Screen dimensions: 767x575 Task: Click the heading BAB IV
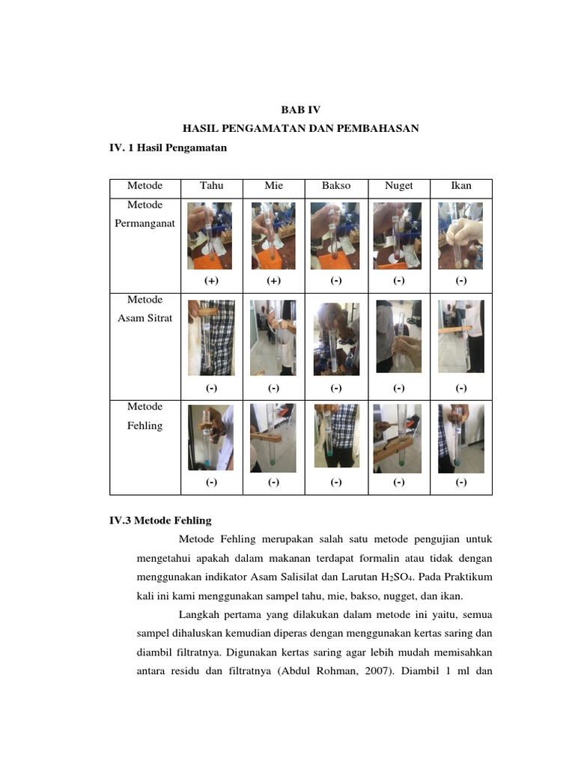(x=299, y=109)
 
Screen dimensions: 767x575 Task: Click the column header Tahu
(x=211, y=186)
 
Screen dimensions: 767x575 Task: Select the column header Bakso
(x=336, y=186)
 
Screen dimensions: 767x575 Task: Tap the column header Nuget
(x=398, y=186)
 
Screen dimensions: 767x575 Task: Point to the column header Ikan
(x=460, y=186)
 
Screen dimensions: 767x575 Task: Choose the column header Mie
(x=273, y=186)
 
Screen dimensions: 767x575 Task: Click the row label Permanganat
(x=144, y=223)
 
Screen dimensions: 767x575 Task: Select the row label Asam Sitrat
(x=144, y=318)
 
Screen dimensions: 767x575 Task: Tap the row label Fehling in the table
(x=144, y=425)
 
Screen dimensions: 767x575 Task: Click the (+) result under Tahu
(x=211, y=281)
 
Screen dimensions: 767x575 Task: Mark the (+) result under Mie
(x=273, y=281)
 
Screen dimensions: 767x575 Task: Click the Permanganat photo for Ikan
(x=460, y=236)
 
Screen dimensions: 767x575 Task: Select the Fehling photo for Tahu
(x=210, y=437)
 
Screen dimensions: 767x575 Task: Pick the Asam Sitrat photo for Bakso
(x=336, y=339)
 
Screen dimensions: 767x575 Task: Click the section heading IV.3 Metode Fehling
(x=160, y=520)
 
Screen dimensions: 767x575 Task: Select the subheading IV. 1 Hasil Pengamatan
(x=168, y=148)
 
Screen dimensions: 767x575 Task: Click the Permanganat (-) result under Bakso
(x=336, y=281)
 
